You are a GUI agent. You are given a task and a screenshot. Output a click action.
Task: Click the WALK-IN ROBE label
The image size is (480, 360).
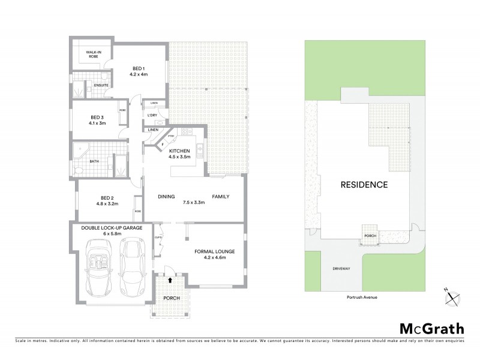(x=92, y=55)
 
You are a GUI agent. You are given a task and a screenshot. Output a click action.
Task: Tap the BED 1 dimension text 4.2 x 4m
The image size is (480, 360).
(x=139, y=74)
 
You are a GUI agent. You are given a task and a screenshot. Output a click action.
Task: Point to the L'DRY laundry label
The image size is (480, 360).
(x=152, y=115)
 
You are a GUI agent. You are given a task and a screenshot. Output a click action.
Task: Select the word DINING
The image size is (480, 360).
(x=166, y=196)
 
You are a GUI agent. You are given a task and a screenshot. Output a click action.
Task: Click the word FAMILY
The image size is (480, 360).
(x=220, y=196)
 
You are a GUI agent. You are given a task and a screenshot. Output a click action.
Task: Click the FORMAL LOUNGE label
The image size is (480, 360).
(x=214, y=252)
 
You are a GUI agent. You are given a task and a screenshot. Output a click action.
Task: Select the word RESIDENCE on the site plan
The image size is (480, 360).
(x=365, y=184)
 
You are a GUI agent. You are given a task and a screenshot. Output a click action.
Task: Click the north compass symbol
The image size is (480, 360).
(x=451, y=295)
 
